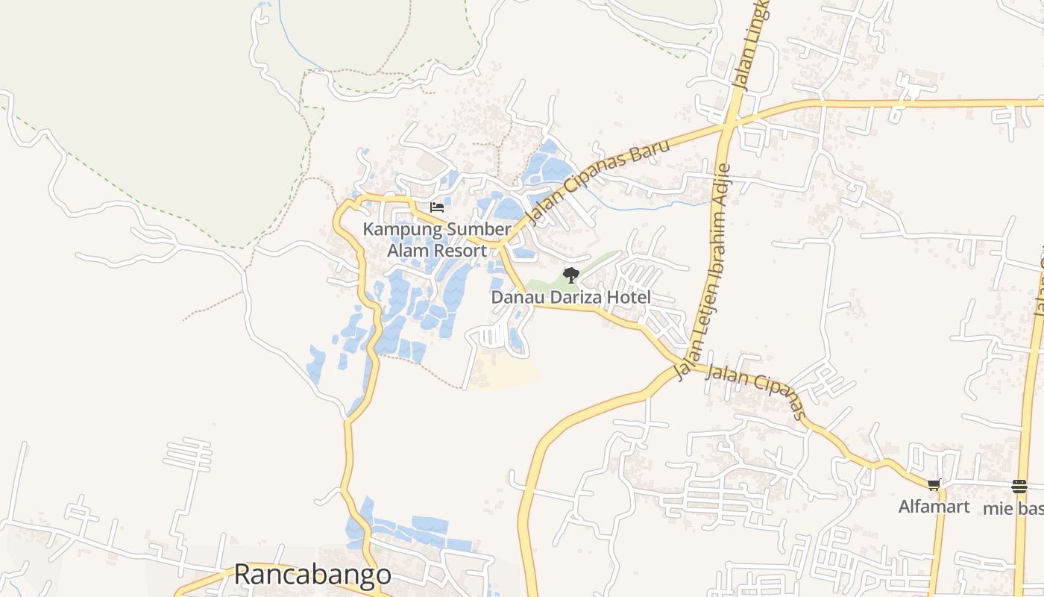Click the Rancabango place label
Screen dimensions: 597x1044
coord(312,575)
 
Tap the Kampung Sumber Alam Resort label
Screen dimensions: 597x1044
coord(437,240)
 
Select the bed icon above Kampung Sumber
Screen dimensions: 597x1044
coord(437,207)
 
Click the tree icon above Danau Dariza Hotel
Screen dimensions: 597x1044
coord(570,275)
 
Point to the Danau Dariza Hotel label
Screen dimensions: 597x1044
coord(570,297)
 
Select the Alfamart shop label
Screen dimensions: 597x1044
coord(934,507)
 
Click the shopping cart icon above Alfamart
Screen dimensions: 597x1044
coord(934,485)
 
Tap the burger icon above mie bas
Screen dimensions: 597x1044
coord(1019,487)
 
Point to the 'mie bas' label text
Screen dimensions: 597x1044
coord(1013,509)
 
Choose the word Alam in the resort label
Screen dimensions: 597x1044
coord(408,251)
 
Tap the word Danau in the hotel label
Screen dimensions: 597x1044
coord(512,297)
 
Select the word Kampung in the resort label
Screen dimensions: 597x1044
coord(395,229)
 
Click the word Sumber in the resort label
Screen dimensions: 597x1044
coord(470,229)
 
